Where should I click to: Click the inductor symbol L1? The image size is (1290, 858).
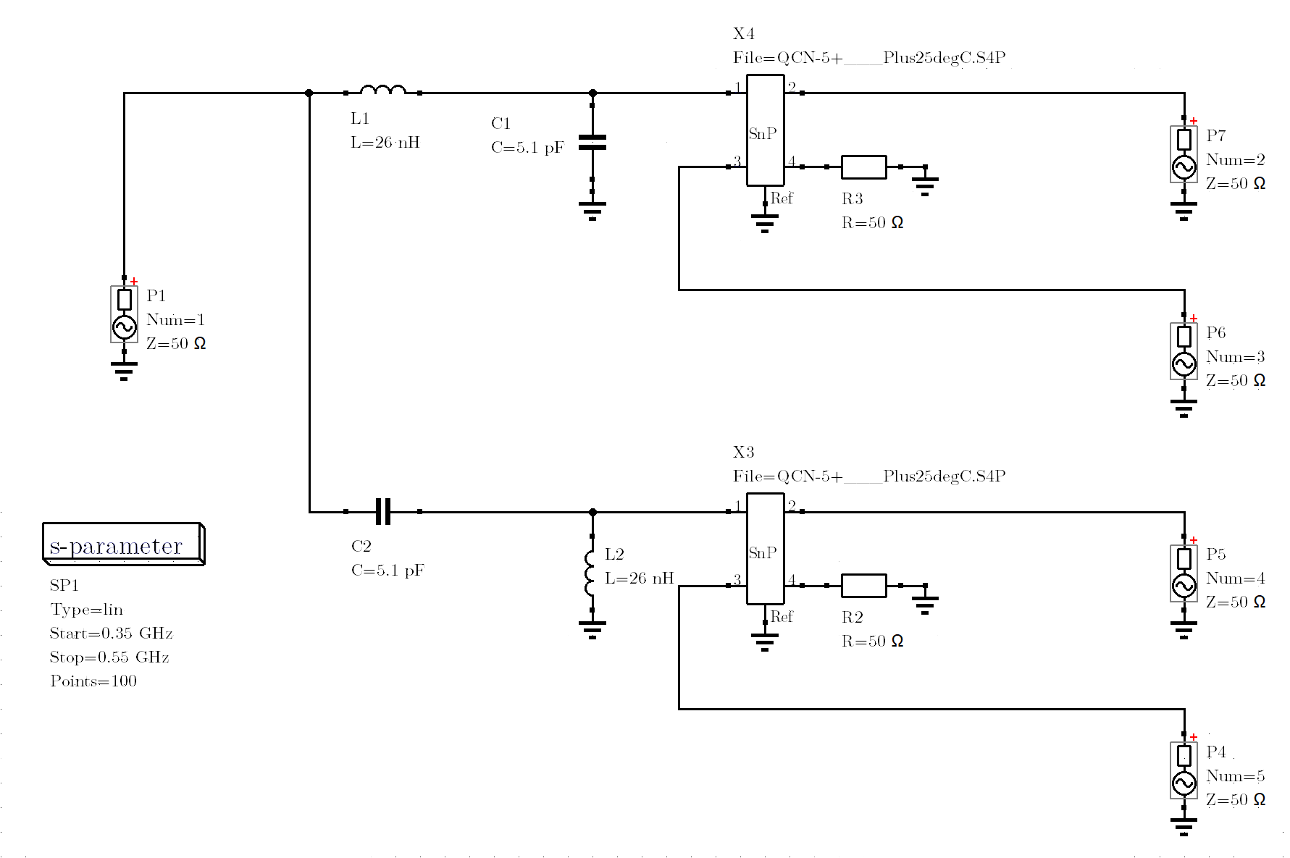383,91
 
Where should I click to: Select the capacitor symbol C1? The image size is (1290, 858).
592,143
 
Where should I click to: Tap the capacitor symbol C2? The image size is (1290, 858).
383,511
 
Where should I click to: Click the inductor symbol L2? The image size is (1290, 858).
590,573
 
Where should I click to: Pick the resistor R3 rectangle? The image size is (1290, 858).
863,167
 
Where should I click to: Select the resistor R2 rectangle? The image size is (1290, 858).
863,585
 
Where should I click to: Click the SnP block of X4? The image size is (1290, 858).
765,130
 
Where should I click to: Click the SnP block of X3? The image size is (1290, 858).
765,549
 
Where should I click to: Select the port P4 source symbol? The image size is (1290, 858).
1184,770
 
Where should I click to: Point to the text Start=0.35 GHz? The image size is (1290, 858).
111,634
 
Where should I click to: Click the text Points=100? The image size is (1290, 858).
93,681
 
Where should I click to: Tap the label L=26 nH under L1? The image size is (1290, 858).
385,143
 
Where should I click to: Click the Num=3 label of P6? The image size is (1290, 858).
1236,357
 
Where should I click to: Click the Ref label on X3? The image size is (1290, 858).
782,617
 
